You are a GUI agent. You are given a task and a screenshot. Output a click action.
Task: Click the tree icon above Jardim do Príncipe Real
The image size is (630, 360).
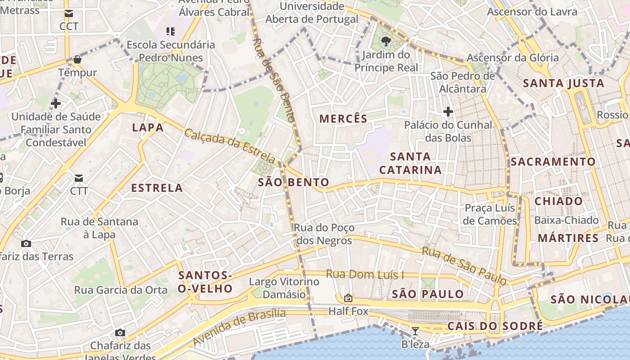click(x=386, y=42)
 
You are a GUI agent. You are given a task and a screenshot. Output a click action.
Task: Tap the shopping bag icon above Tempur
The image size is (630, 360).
click(x=77, y=59)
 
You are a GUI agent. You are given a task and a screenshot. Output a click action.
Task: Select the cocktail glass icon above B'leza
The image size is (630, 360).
click(x=415, y=332)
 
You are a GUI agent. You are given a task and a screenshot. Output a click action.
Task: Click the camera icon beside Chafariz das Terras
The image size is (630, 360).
click(x=26, y=244)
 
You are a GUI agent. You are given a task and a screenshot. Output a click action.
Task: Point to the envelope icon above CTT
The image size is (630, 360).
click(x=79, y=178)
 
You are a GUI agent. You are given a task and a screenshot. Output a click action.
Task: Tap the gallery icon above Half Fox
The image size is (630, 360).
click(x=348, y=298)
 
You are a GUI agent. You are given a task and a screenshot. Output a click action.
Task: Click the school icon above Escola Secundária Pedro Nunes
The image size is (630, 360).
click(x=171, y=31)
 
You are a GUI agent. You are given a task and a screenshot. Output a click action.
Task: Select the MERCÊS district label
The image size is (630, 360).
click(x=343, y=119)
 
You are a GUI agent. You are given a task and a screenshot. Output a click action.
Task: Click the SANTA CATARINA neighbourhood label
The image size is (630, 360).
click(x=410, y=163)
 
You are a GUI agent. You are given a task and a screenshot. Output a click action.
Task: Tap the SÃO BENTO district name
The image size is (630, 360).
click(x=293, y=182)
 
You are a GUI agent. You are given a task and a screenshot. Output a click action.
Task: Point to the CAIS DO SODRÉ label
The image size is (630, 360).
click(x=495, y=326)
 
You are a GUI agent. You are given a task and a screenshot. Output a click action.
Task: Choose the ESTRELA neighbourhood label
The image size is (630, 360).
click(x=157, y=188)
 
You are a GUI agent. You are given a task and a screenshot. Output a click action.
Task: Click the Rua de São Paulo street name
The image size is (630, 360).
click(x=464, y=265)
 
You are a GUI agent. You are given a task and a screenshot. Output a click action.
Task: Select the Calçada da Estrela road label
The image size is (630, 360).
click(x=230, y=146)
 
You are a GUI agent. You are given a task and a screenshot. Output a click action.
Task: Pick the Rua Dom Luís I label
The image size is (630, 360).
click(x=365, y=274)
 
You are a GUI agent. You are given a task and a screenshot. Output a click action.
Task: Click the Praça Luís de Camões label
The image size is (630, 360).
click(x=490, y=215)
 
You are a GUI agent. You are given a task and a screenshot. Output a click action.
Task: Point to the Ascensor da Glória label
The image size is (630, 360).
click(x=513, y=58)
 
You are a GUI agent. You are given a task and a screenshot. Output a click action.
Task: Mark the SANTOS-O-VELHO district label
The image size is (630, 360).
click(x=205, y=282)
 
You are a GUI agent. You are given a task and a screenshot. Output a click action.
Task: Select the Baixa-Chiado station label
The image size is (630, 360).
click(x=567, y=220)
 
